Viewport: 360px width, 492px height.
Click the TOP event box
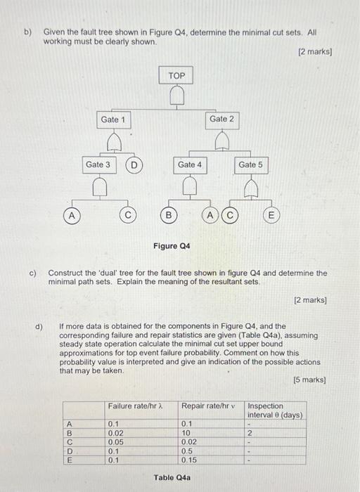click(177, 75)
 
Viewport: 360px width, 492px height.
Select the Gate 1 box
click(113, 119)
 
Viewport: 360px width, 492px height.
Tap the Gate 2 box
click(221, 119)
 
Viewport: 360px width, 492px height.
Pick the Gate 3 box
click(98, 164)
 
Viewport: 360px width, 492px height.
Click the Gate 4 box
click(189, 164)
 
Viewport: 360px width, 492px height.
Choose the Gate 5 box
click(250, 164)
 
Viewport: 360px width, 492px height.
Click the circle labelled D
click(134, 165)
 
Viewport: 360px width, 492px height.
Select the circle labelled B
click(167, 214)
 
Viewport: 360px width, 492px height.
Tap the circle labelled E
click(270, 214)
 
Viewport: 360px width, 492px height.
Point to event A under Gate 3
click(71, 214)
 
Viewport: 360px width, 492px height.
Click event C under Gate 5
click(229, 214)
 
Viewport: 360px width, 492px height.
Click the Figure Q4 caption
click(171, 246)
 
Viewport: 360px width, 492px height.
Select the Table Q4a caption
click(172, 478)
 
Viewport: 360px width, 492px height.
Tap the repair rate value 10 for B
click(186, 433)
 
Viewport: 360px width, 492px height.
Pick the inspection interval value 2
click(250, 433)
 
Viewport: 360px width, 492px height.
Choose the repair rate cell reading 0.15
click(188, 460)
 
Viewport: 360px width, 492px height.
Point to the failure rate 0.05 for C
click(115, 442)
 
